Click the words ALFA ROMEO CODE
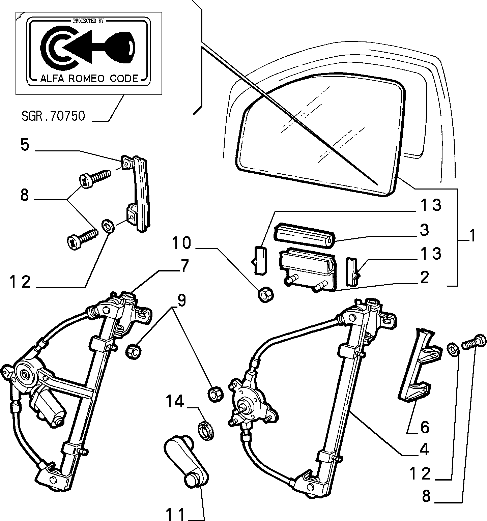[x=89, y=79]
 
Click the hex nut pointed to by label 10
[x=265, y=295]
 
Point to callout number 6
[x=425, y=428]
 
